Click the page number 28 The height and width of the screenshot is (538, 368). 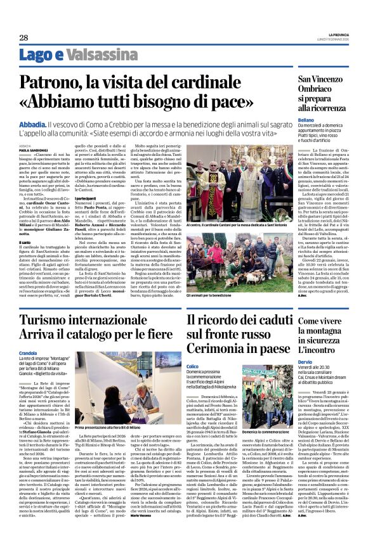click(x=23, y=37)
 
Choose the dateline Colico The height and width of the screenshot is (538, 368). click(x=193, y=367)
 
